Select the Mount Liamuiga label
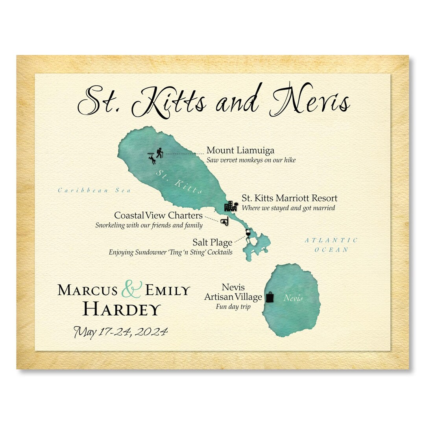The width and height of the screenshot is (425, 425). click(x=240, y=150)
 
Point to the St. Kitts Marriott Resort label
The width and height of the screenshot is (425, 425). click(x=289, y=198)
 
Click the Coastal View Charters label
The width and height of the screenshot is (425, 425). click(x=158, y=216)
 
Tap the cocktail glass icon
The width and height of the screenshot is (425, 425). click(x=248, y=233)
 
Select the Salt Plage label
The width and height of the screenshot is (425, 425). click(x=212, y=242)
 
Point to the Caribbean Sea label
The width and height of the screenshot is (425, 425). click(x=94, y=190)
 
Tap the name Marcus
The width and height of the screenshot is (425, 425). click(x=87, y=290)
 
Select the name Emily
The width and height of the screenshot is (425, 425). click(x=168, y=290)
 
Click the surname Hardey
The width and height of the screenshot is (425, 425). click(x=122, y=310)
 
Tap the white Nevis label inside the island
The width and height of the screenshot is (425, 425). click(x=293, y=298)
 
